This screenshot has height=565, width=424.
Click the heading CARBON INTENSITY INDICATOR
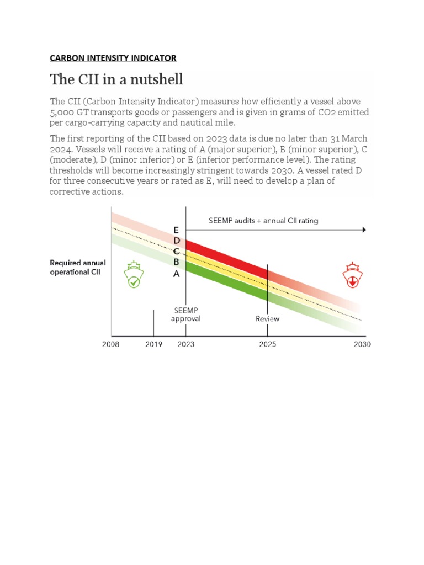tap(113, 58)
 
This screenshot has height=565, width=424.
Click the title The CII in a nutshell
tap(116, 79)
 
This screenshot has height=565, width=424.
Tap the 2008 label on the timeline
tap(112, 344)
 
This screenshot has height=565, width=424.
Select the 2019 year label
tap(153, 344)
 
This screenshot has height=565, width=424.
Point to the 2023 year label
tap(185, 344)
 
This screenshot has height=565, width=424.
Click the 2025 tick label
tap(268, 344)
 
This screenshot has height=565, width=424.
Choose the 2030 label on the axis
tap(363, 344)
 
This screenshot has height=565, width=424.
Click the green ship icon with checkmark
tap(133, 274)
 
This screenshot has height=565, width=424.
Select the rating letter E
tap(176, 230)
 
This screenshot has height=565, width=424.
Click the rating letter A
tap(176, 273)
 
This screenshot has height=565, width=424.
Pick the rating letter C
tap(176, 252)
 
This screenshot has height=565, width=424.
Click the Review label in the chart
tap(268, 319)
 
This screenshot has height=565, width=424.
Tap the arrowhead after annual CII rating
tap(363, 230)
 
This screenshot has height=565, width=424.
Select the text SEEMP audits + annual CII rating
tap(263, 221)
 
